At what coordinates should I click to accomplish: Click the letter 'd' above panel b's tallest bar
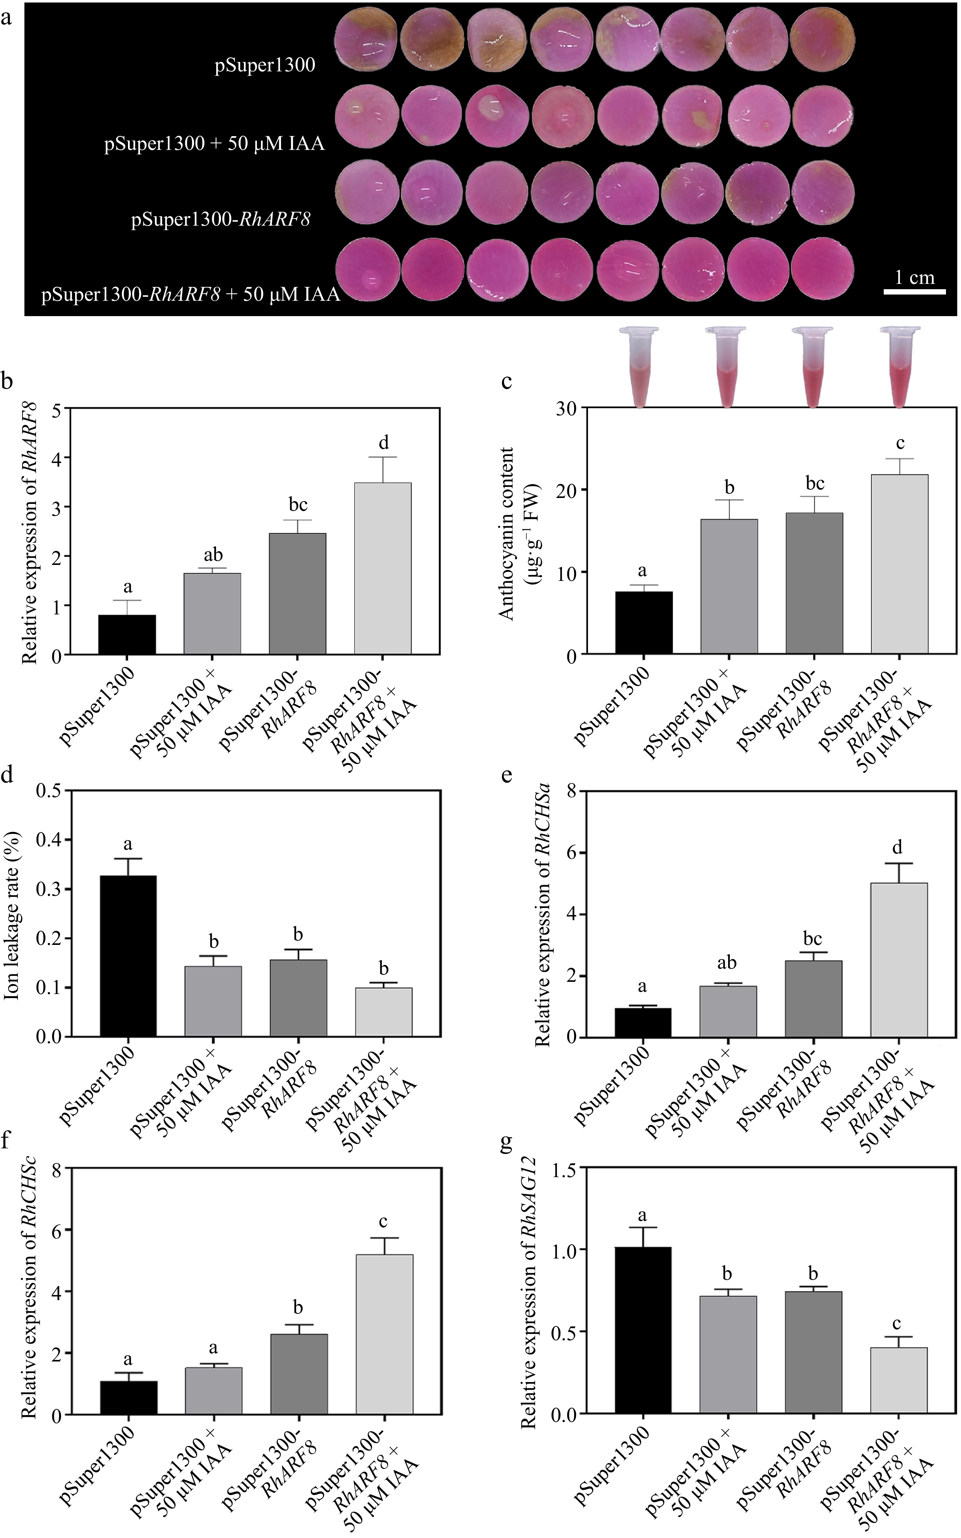pos(383,443)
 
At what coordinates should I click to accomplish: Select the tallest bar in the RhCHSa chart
pos(899,960)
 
